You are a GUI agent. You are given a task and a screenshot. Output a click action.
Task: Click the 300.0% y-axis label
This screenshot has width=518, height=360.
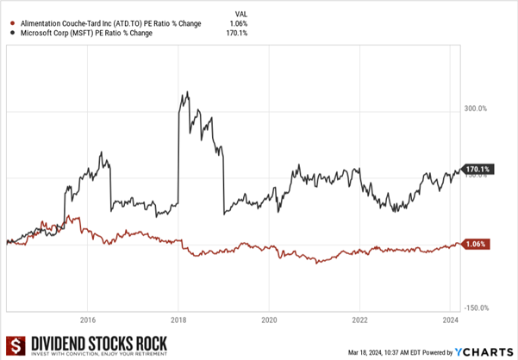(x=476, y=109)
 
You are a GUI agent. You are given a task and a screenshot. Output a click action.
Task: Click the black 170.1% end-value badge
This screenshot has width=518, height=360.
(x=477, y=170)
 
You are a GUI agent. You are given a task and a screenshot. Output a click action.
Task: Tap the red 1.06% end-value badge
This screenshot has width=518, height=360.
(x=477, y=245)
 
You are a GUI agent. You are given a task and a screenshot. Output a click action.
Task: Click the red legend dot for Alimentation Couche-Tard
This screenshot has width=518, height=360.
(x=9, y=23)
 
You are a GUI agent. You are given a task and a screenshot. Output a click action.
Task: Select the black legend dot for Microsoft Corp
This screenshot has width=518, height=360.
(x=9, y=34)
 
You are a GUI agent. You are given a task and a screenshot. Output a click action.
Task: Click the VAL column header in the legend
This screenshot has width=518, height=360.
(x=240, y=13)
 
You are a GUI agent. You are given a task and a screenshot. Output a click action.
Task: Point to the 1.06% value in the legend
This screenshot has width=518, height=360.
(x=240, y=23)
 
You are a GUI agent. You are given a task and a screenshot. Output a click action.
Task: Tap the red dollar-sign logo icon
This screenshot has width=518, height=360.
(x=14, y=344)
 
